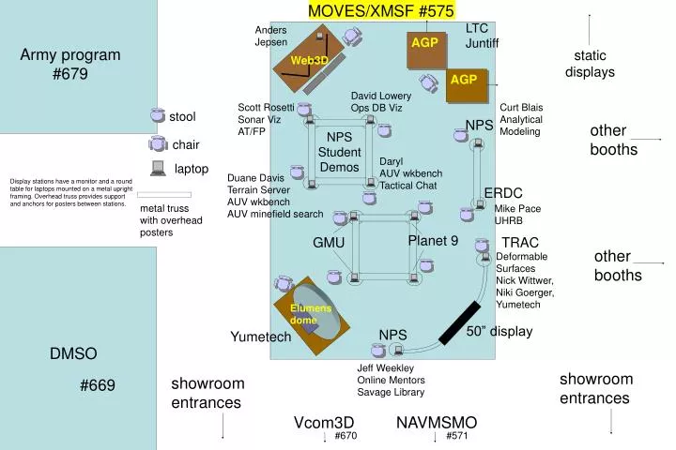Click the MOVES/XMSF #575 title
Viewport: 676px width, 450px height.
(x=381, y=10)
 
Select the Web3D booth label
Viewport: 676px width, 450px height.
(x=309, y=60)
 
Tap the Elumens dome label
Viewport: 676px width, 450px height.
(x=306, y=314)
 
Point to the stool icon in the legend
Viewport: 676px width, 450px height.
(x=157, y=116)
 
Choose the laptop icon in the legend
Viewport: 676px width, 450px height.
(x=158, y=169)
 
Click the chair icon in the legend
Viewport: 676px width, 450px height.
(x=158, y=143)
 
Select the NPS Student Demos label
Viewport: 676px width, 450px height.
(x=339, y=152)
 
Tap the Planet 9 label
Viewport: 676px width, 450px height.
(x=433, y=241)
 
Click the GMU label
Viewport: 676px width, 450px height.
(x=329, y=243)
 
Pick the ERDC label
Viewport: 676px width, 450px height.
(x=503, y=193)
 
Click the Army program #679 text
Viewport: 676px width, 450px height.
(x=70, y=64)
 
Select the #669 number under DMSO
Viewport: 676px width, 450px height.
(x=98, y=385)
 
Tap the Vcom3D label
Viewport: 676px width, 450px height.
(x=324, y=422)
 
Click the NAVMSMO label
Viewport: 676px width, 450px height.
(x=437, y=422)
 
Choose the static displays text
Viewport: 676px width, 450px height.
(x=590, y=64)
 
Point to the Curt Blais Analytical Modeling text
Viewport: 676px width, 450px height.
(x=521, y=119)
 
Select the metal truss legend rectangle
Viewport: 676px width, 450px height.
(x=164, y=195)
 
